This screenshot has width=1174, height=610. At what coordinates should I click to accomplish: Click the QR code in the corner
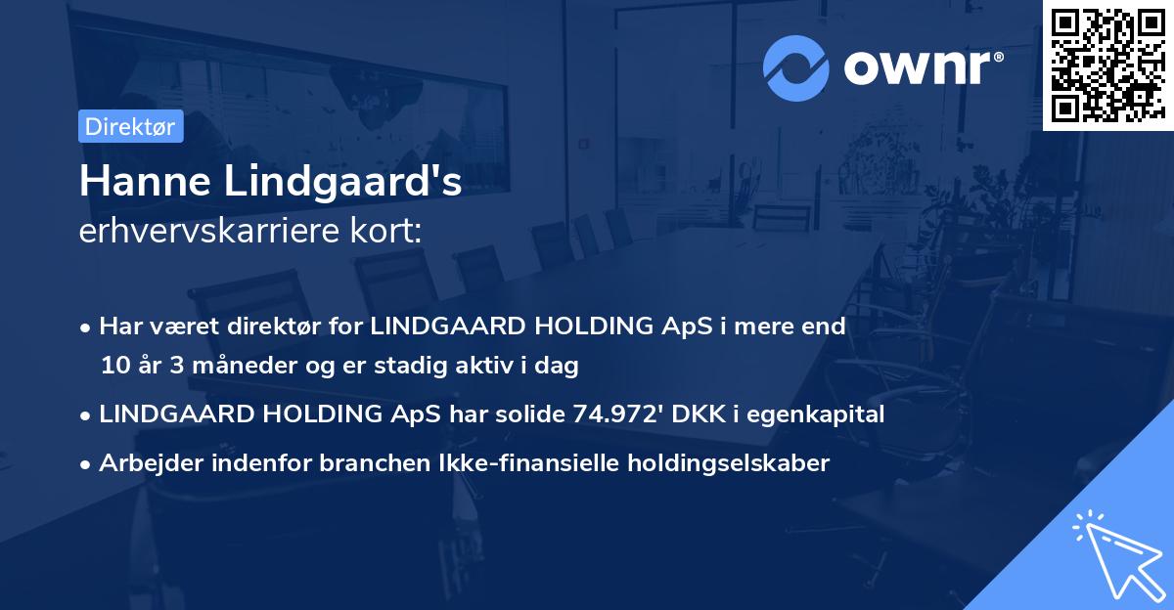click(x=1107, y=65)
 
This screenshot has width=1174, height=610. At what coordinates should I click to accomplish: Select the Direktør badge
click(x=129, y=126)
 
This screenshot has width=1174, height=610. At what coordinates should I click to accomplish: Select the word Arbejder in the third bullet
click(x=143, y=463)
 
